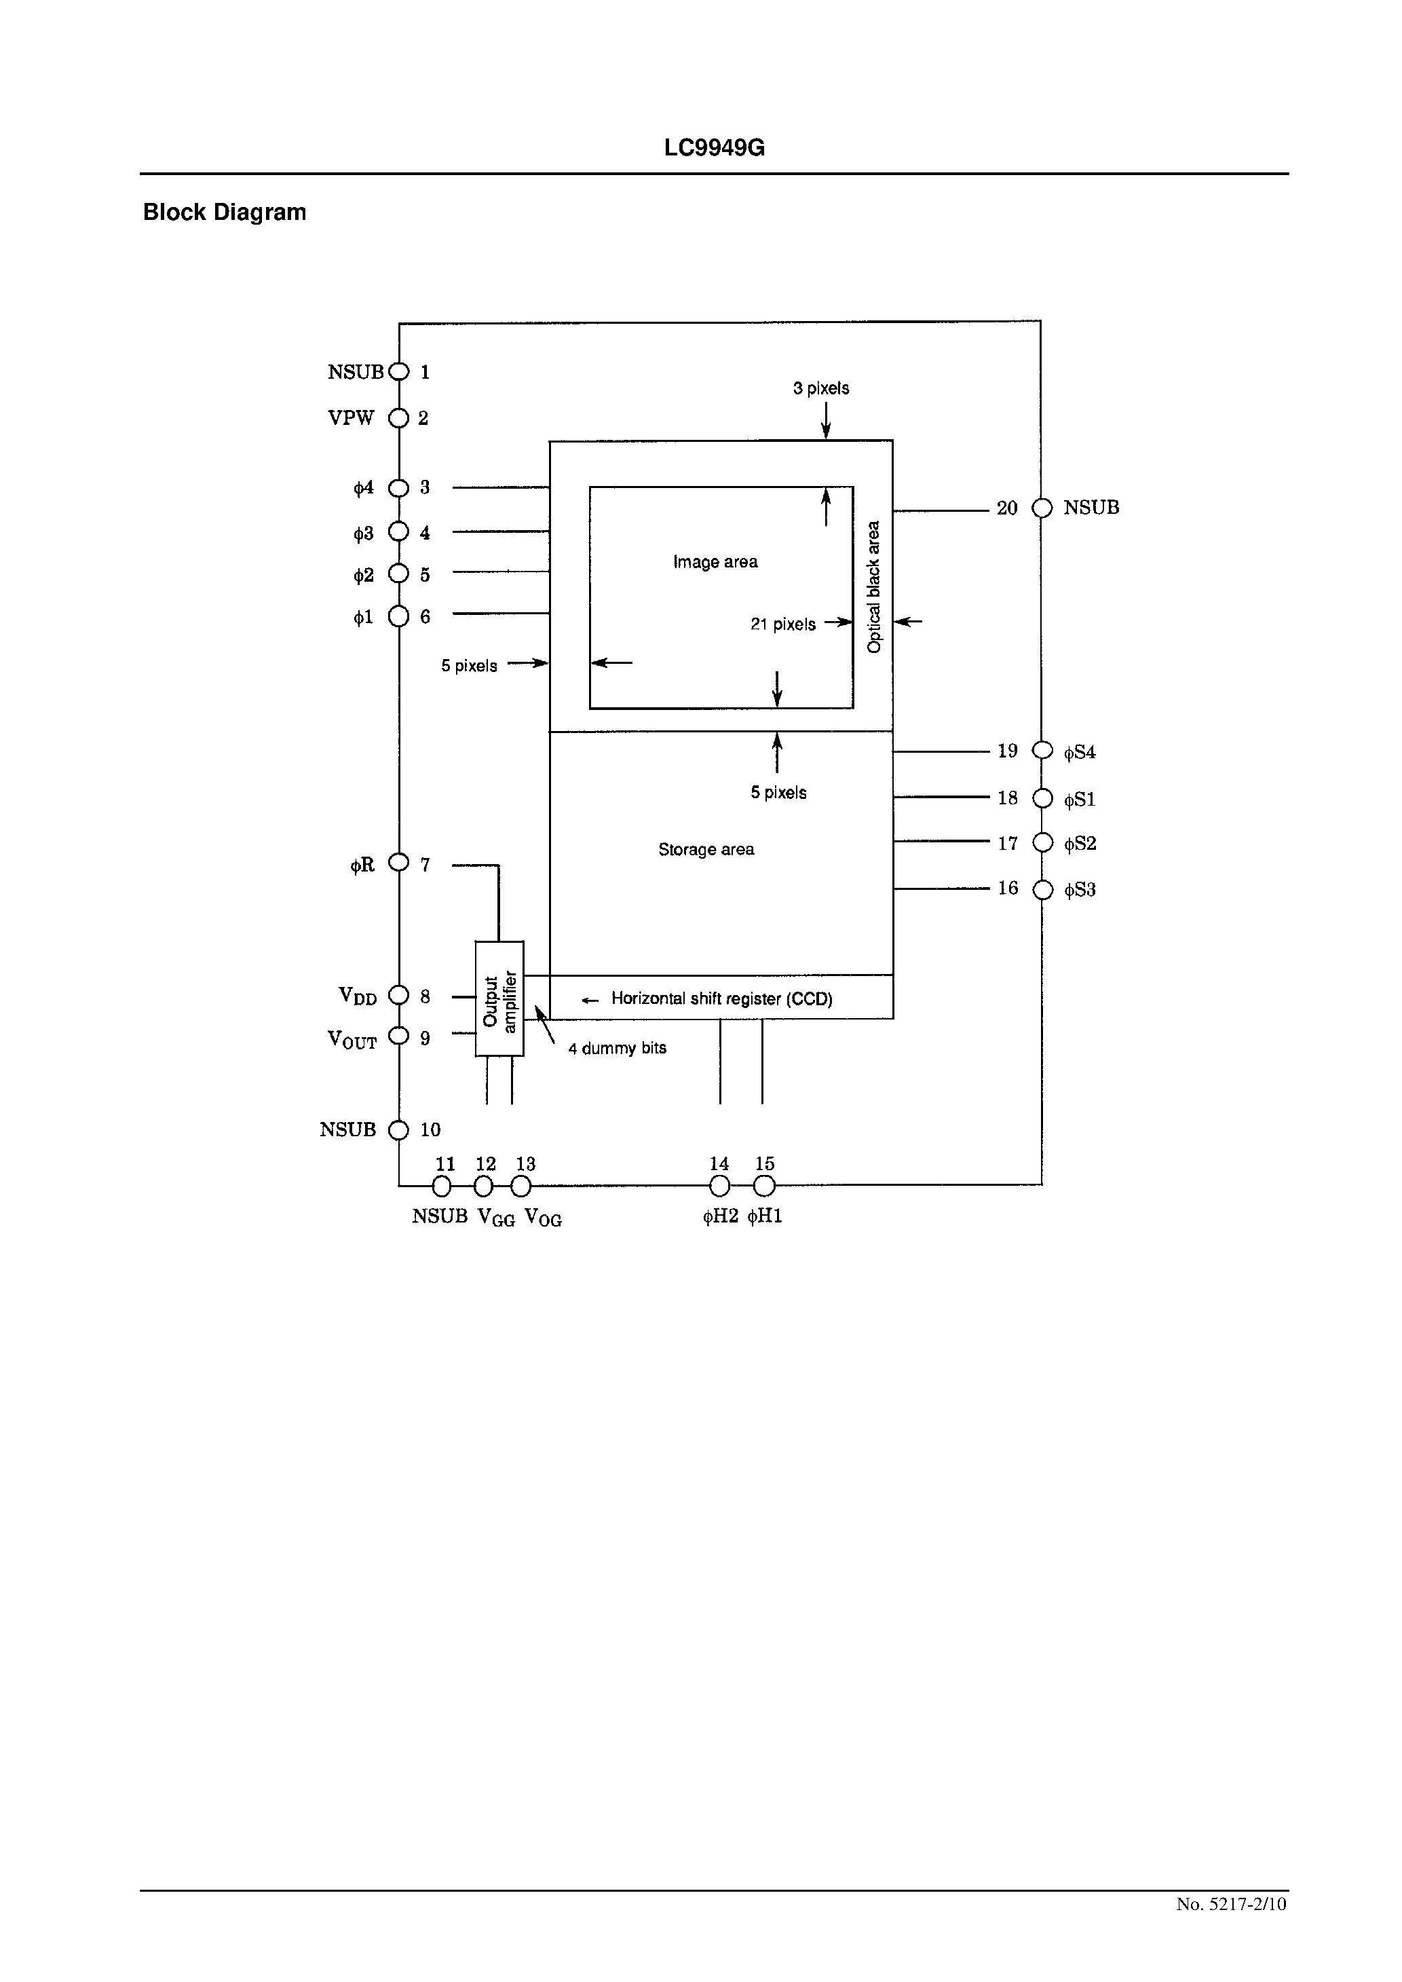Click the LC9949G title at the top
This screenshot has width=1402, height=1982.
714,149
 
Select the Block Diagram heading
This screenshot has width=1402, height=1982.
225,212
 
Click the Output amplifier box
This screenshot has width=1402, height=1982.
499,998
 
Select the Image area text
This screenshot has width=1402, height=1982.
715,562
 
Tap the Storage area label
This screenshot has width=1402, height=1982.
706,849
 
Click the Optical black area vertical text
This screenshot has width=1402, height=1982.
873,587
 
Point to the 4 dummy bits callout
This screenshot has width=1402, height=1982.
618,1048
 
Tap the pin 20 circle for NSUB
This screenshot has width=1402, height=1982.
1042,508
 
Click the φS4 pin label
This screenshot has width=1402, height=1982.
1079,753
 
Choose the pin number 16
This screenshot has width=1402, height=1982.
1008,889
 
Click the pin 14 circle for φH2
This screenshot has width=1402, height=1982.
719,1186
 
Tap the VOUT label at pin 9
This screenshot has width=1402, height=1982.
352,1039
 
